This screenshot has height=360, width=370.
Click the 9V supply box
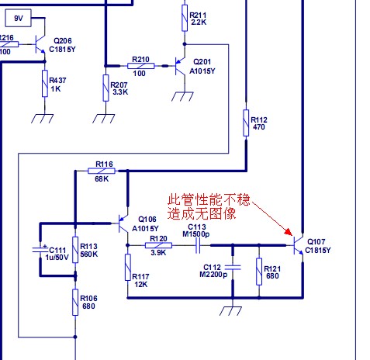pos(18,18)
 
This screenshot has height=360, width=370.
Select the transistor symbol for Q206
pos(40,44)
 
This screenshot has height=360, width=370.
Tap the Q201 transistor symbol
pos(180,66)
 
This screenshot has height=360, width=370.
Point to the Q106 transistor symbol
pos(123,223)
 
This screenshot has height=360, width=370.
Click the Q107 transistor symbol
pos(298,245)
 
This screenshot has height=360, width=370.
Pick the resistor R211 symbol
pos(185,18)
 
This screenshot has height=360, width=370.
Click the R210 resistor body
pos(141,66)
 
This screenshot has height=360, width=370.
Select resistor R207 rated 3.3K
pos(105,88)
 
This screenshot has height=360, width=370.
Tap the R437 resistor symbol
pos(45,83)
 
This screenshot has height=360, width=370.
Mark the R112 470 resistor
pos(246,123)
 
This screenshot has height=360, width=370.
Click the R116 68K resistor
pos(102,171)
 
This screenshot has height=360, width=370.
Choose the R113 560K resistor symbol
pos(75,250)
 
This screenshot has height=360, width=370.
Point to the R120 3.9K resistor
pos(158,245)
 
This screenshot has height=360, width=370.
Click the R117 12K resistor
pos(128,267)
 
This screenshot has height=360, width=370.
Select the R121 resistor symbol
pos(259,272)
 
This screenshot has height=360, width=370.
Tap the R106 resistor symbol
pos(75,302)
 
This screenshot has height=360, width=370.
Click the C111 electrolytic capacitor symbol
pos(40,249)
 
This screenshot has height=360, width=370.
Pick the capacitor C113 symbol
pos(198,245)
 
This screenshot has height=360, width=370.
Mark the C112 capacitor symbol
pos(233,268)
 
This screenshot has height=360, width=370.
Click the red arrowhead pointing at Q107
pos(289,232)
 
